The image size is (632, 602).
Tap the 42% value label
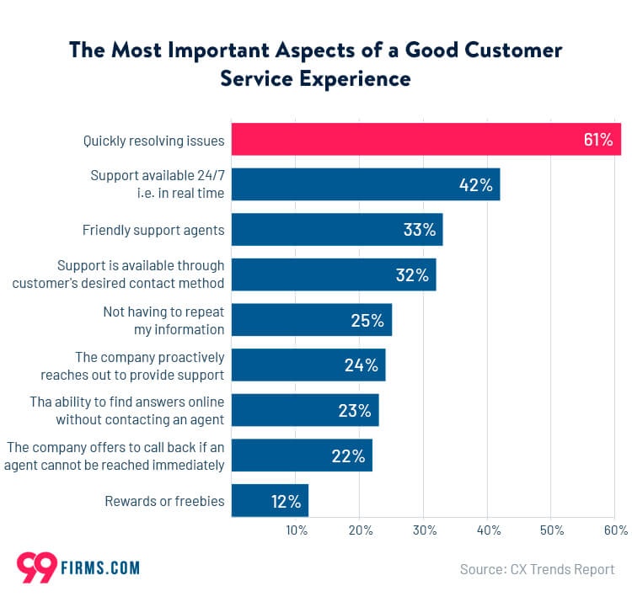point(475,184)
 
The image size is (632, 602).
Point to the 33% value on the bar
point(418,230)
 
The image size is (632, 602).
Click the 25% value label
point(367,320)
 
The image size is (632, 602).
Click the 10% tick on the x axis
point(296,530)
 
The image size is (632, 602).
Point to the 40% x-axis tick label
point(489,530)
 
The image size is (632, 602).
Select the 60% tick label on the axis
point(616,530)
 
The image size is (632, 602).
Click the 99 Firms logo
point(78,567)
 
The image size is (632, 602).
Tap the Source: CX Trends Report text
point(537,569)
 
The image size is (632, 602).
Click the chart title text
point(315,64)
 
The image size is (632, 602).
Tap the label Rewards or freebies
point(164,501)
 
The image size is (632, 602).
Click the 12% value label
point(286,501)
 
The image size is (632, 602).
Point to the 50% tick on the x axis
point(553,530)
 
